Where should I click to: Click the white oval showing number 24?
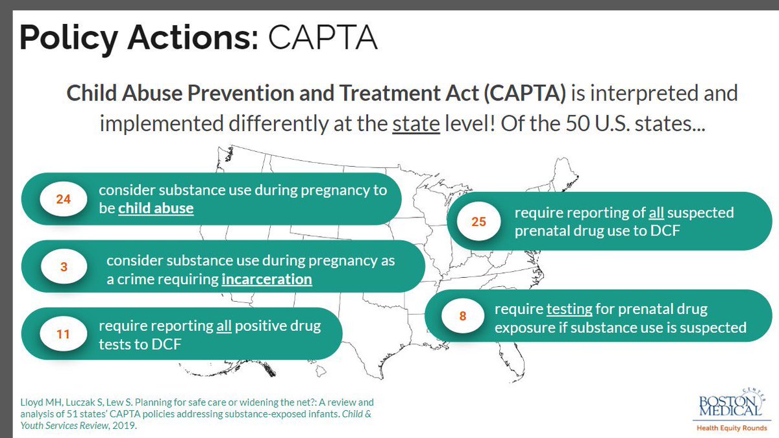coord(64,200)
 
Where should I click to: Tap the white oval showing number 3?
coord(64,266)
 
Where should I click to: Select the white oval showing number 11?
coord(63,335)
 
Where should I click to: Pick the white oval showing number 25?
coord(478,222)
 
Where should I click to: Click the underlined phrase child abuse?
coord(156,209)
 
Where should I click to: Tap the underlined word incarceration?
coord(267,279)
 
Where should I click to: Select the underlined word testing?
coord(569,310)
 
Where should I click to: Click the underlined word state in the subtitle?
coord(416,123)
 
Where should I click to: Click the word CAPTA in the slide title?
coord(322,38)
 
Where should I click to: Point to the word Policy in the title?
coord(66,38)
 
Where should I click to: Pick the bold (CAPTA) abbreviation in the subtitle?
coord(525,93)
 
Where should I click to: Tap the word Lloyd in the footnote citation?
coord(31,402)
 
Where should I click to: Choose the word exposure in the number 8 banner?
coord(524,328)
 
